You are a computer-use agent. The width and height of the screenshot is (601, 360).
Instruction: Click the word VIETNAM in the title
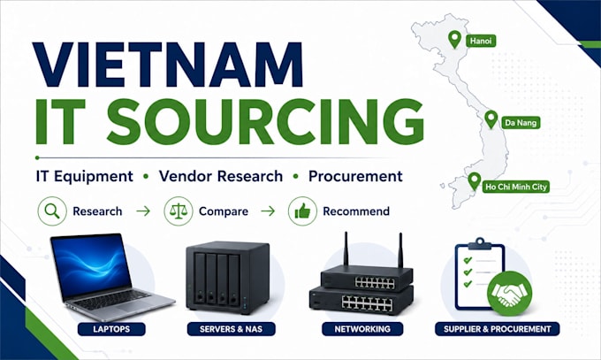[x=168, y=64]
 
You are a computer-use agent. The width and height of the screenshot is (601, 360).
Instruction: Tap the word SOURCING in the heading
[x=265, y=121]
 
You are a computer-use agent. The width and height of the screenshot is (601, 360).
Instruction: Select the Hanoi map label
[x=481, y=41]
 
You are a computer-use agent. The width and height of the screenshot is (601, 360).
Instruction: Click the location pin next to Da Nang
[x=491, y=119]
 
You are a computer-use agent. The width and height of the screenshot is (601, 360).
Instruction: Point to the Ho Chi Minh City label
[x=515, y=187]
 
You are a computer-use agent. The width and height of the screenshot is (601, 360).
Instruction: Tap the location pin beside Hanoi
[x=454, y=40]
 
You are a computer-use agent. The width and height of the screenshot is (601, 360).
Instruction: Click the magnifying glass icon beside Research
[x=52, y=211]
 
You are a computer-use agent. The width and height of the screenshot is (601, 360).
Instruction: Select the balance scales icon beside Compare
[x=179, y=211]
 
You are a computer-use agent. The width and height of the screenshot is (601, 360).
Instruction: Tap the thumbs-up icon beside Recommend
[x=303, y=211]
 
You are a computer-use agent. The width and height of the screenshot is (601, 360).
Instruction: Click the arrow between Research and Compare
[x=143, y=211]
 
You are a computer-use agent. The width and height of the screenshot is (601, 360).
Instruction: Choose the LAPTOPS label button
[x=111, y=329]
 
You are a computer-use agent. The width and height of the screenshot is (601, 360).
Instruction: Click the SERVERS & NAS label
[x=232, y=329]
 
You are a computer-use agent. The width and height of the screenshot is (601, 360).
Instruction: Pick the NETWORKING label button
[x=362, y=329]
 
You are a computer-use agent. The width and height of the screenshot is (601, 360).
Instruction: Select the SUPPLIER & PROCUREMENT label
[x=497, y=329]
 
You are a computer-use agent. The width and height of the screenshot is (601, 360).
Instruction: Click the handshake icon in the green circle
[x=509, y=294]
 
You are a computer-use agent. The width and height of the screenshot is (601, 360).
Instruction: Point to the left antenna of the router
[x=346, y=249]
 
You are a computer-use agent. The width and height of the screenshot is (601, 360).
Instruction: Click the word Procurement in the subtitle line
[x=355, y=176]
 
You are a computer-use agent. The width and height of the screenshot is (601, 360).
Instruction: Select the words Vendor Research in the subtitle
[x=221, y=176]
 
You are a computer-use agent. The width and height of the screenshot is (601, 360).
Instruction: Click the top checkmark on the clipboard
[x=468, y=260]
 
